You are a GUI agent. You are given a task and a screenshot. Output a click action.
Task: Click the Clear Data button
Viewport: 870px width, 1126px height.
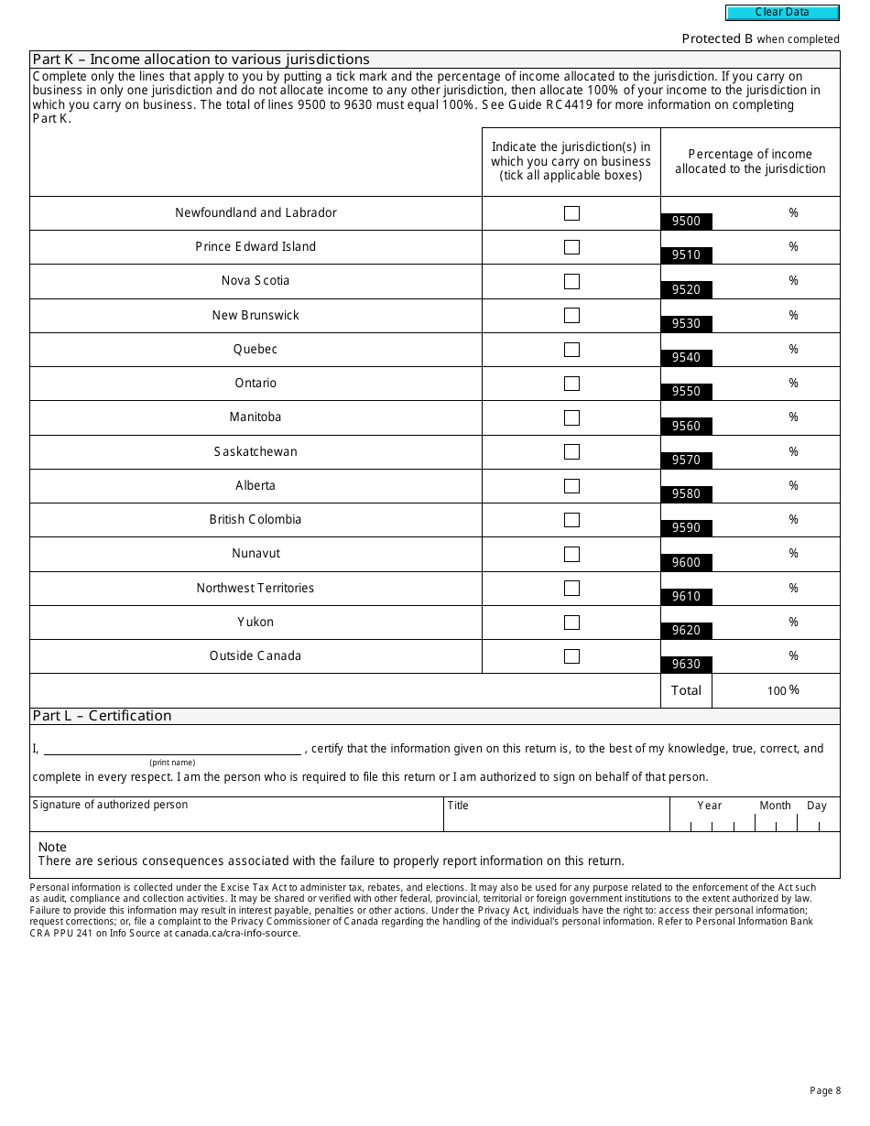782,13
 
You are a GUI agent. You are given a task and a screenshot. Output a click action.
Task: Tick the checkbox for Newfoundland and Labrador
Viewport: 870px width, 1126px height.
571,213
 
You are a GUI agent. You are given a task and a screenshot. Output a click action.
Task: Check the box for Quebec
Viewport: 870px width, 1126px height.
571,350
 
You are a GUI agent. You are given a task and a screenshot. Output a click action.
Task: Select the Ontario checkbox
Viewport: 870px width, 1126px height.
571,384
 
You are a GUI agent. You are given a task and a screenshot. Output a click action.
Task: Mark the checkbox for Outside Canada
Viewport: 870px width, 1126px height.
571,656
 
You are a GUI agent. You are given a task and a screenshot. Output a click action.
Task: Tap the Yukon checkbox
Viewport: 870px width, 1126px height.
571,623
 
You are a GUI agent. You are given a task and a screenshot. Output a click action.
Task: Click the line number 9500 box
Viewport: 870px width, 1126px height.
686,221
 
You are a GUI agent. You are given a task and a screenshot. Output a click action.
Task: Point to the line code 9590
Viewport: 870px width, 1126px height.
686,527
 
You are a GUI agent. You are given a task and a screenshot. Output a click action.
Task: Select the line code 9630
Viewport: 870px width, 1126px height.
686,664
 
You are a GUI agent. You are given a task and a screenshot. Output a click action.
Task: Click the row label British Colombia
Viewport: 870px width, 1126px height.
256,519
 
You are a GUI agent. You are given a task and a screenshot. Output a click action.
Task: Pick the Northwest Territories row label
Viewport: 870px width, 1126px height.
256,588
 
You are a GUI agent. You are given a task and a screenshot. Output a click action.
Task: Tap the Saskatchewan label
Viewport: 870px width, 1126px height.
256,451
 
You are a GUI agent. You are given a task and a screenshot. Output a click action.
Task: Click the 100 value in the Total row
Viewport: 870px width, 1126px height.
777,691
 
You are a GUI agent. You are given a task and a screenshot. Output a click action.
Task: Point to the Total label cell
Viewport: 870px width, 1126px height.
686,690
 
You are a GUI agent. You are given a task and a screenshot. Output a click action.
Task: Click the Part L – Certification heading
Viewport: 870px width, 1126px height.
102,716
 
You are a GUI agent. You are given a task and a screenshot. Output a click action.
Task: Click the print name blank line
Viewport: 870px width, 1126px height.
172,749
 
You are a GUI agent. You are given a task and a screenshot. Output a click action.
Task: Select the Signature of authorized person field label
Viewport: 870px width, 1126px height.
110,805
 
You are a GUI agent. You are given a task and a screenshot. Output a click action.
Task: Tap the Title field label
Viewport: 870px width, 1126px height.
458,806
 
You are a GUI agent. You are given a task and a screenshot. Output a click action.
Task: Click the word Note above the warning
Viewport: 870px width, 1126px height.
52,847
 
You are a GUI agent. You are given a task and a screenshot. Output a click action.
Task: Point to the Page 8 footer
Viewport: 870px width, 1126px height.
824,1090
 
